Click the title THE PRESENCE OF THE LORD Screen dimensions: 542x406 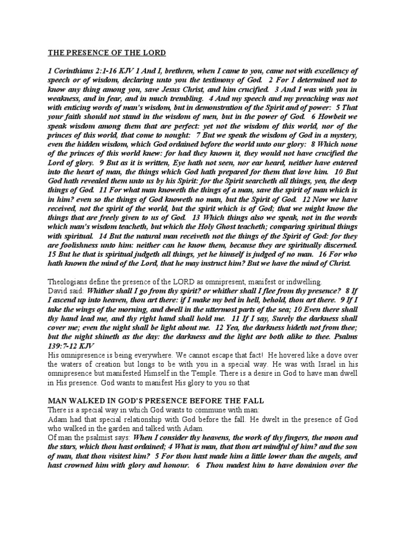[x=107, y=53]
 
